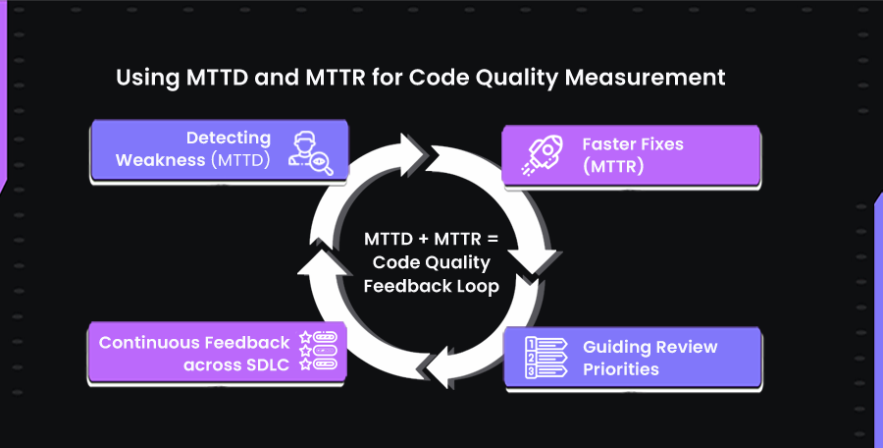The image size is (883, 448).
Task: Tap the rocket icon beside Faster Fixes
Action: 544,154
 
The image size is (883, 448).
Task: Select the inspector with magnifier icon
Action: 310,152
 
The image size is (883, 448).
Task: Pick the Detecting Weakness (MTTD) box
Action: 218,150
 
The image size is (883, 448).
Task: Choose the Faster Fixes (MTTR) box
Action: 631,154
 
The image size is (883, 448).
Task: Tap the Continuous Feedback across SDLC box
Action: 218,351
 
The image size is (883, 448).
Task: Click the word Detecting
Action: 228,140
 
